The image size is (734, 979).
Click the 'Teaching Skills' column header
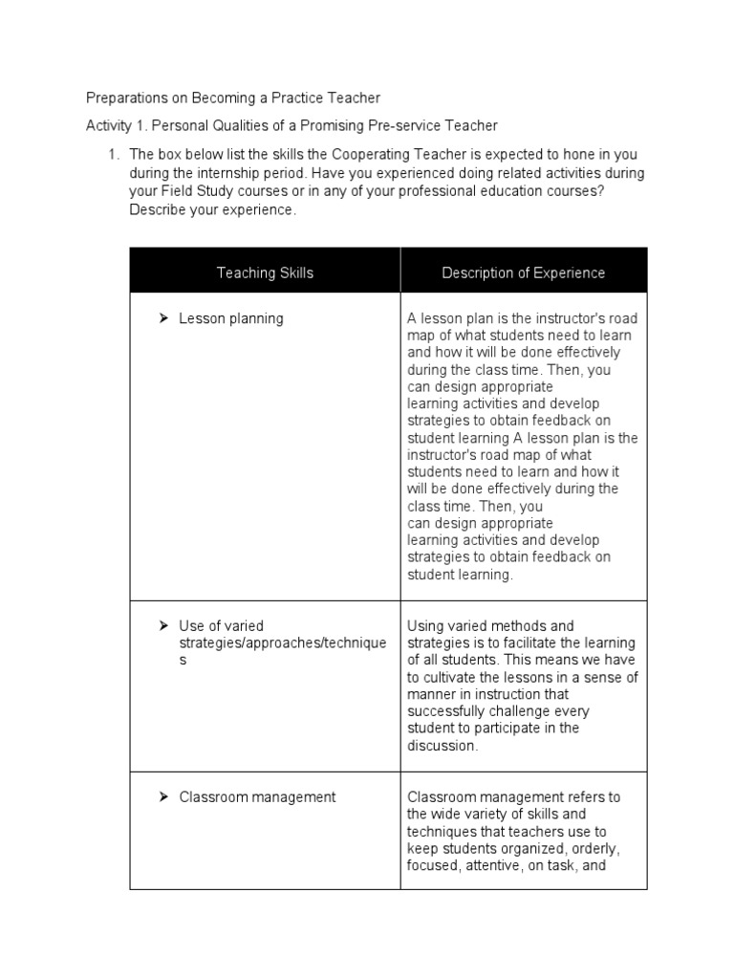click(x=265, y=272)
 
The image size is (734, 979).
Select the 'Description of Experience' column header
click(x=523, y=272)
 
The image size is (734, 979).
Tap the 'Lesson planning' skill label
click(x=230, y=318)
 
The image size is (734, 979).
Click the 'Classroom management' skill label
click(x=257, y=796)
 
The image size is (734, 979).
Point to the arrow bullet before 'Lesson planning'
click(x=163, y=318)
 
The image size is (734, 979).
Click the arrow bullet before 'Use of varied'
click(x=163, y=626)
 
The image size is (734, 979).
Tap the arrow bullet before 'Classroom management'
click(x=163, y=796)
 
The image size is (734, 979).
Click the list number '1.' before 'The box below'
click(x=113, y=154)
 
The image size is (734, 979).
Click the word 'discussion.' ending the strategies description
click(x=442, y=746)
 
